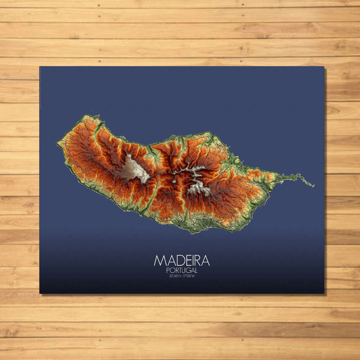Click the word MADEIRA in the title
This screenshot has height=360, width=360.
point(181,260)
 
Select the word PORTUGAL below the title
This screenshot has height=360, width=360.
point(182,270)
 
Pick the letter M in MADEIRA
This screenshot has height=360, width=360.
point(159,260)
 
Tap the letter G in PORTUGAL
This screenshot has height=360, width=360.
point(188,270)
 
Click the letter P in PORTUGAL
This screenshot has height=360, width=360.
point(168,270)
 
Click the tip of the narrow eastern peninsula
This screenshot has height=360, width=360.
point(314,186)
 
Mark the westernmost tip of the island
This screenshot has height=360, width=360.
point(57,144)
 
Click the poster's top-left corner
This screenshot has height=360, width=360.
point(40,67)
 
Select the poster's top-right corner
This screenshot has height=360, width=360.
point(324,67)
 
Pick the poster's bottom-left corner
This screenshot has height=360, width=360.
point(40,293)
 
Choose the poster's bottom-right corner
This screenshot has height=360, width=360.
point(324,293)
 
